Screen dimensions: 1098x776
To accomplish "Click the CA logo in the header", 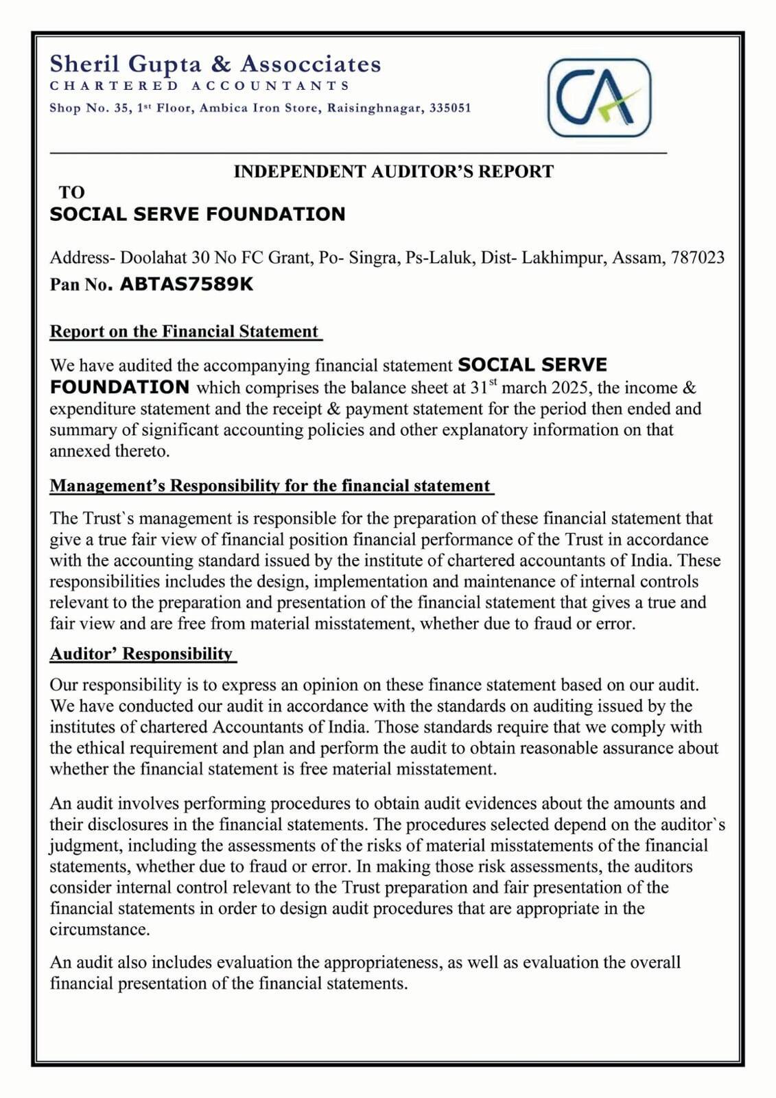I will [x=598, y=97].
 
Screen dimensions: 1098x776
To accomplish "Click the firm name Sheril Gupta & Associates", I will [x=215, y=64].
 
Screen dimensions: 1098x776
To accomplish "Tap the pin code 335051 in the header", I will [x=450, y=108].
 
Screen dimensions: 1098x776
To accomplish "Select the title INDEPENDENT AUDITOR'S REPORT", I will [x=393, y=171].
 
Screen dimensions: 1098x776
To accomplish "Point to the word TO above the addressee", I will [x=71, y=192].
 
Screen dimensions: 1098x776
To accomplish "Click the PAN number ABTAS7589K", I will [x=187, y=284].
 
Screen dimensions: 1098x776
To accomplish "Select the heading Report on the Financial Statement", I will [x=185, y=331].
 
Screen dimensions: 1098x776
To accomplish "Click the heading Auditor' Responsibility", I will [x=141, y=653].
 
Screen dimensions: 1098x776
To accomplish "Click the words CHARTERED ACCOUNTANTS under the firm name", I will [x=200, y=86].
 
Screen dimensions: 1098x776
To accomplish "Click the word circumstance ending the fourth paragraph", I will [x=98, y=929].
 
